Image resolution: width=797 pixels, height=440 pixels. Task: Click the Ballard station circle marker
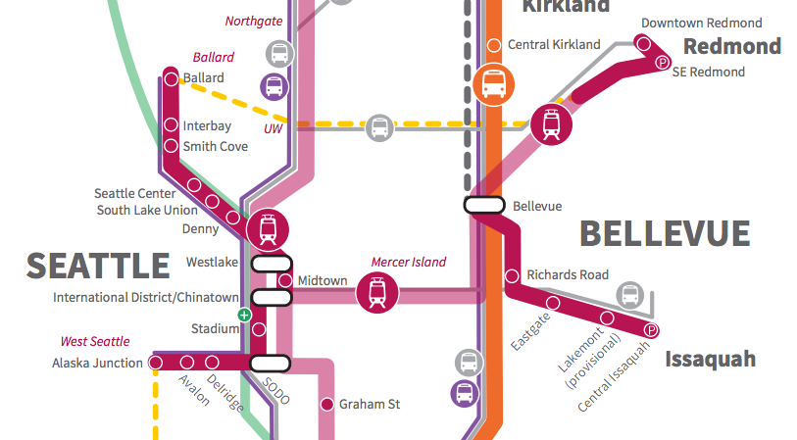click(x=172, y=78)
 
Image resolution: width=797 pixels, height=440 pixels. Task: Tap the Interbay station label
click(x=208, y=125)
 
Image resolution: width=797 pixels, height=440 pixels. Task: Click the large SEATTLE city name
click(x=98, y=266)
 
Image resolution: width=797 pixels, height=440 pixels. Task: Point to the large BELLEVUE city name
click(x=665, y=233)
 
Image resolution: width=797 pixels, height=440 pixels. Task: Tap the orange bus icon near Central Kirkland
click(x=492, y=82)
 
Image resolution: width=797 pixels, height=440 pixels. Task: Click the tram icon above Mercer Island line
click(x=375, y=292)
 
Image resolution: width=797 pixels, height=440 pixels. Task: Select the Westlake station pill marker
click(x=273, y=263)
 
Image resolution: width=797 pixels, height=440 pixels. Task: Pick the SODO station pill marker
click(x=271, y=363)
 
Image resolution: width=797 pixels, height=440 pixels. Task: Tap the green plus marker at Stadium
click(x=244, y=315)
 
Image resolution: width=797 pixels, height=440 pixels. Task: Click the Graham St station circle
click(x=326, y=404)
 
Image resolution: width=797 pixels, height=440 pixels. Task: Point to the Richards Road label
click(x=568, y=275)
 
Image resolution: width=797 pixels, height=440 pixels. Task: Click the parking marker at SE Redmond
click(x=663, y=63)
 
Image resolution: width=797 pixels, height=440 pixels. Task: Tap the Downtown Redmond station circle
click(x=643, y=43)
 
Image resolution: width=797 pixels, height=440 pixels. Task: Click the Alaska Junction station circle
click(x=155, y=363)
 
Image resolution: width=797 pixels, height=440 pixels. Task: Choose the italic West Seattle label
click(x=95, y=342)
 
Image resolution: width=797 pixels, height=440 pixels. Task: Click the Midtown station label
click(x=322, y=281)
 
